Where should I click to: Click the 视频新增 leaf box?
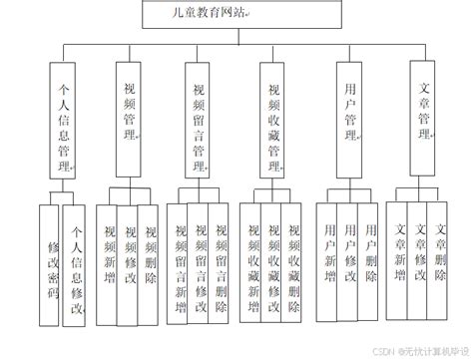pos(109,261)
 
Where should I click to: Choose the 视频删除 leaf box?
pos(151,261)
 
